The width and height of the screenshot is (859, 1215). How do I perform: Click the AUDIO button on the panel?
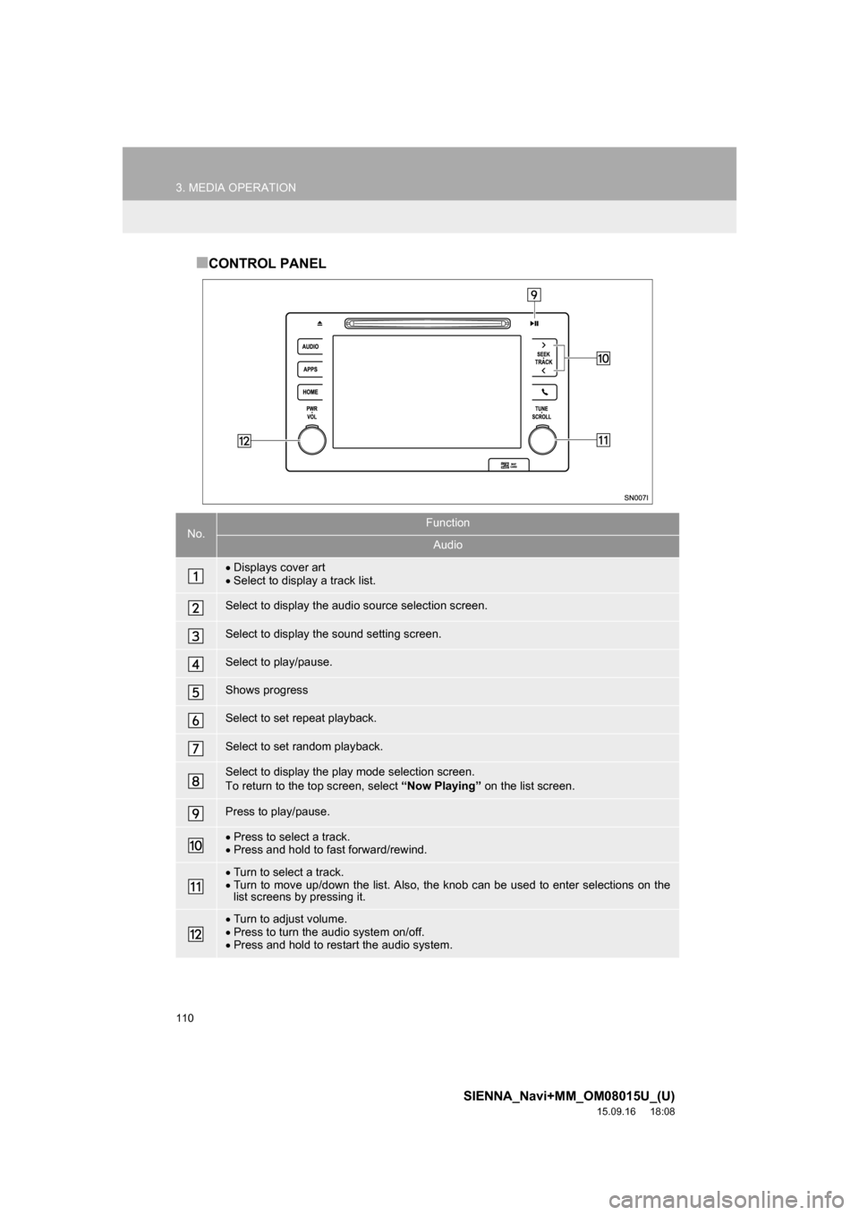310,346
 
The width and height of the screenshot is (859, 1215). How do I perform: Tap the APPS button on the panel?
310,369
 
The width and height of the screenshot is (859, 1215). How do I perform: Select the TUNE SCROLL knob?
541,439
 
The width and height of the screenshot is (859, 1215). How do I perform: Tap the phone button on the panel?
544,392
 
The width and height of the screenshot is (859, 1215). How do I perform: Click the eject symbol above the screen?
317,324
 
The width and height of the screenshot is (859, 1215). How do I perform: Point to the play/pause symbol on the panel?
534,324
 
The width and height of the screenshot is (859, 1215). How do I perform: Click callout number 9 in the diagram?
533,294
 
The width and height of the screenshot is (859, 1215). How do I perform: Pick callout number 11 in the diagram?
603,439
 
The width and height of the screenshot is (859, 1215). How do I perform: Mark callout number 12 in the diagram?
244,439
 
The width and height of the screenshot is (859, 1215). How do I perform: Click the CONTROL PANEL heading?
261,264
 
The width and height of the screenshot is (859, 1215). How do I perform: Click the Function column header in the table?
447,523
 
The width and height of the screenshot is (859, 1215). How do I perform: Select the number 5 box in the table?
196,691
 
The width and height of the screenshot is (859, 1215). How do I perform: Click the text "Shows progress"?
266,690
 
